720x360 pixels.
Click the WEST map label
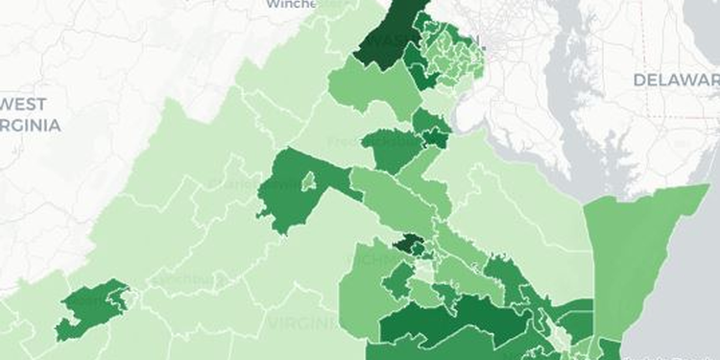point(27,104)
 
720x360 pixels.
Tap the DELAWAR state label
point(675,79)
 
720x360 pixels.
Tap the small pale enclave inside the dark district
point(308,180)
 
